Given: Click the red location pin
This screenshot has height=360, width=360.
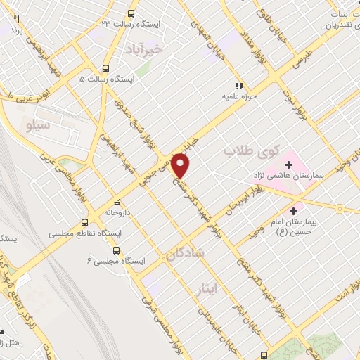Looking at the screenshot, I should click(181, 166).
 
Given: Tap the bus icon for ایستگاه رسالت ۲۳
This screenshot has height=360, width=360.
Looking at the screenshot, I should click(131, 13).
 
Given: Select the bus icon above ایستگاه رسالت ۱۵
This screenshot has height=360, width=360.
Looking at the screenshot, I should click(105, 69).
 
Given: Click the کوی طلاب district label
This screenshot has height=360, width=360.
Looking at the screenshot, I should click(251, 151).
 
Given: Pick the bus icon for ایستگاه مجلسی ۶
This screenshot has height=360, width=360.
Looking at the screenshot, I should click(115, 250).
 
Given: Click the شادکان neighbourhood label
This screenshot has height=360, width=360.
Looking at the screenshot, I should click(186, 257).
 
